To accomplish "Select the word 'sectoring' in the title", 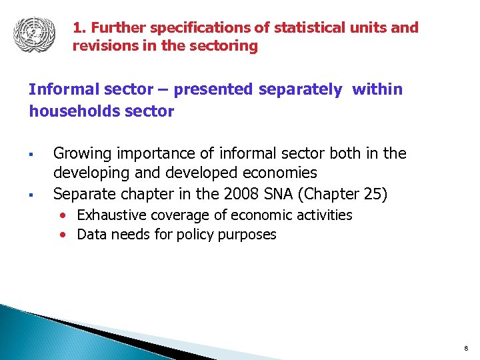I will [x=225, y=46].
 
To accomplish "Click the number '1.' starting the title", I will [x=79, y=28].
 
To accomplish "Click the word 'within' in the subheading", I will [x=377, y=89].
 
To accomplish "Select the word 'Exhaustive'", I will [x=111, y=215].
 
